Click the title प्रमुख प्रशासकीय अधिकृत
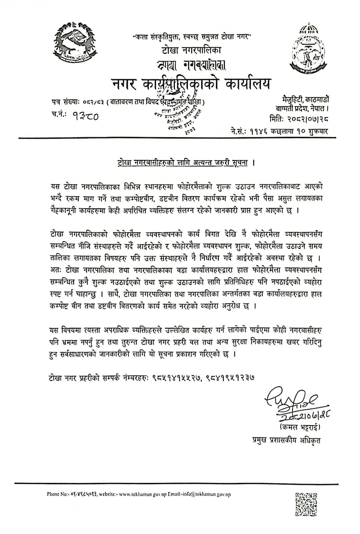pos(286,440)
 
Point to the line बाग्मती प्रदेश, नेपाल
pos(302,108)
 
